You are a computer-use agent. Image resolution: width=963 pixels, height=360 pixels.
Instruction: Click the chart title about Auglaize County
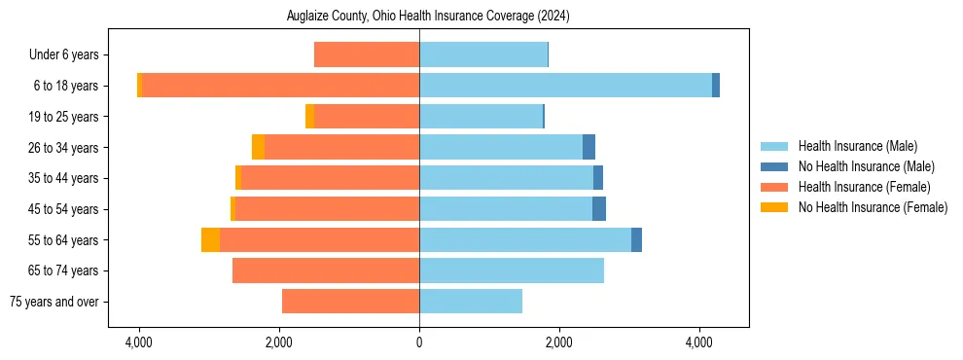click(x=428, y=17)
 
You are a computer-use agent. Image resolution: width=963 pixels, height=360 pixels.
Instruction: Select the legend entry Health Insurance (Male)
click(x=856, y=146)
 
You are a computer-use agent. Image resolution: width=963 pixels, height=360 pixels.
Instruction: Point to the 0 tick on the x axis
click(x=419, y=342)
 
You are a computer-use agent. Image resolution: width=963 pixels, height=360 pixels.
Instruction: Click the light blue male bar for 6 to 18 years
click(x=565, y=86)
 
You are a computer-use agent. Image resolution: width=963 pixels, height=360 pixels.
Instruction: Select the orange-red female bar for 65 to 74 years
click(x=326, y=270)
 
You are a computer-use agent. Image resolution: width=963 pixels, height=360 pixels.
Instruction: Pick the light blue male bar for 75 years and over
click(x=471, y=302)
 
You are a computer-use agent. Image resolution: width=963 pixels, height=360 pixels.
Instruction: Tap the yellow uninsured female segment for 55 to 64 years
click(x=210, y=239)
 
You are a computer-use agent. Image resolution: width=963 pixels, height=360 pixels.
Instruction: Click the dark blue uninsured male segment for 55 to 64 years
click(x=636, y=239)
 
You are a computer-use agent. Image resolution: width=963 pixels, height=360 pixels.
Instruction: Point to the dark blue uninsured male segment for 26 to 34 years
click(x=588, y=147)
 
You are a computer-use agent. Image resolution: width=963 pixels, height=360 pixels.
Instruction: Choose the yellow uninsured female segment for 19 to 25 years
click(x=309, y=117)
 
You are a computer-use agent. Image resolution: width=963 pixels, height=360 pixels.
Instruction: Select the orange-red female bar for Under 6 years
click(x=367, y=54)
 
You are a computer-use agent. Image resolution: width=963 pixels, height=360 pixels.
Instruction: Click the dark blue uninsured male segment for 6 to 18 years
click(x=716, y=86)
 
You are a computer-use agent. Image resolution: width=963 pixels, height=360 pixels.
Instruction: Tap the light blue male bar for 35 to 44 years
click(x=506, y=178)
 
